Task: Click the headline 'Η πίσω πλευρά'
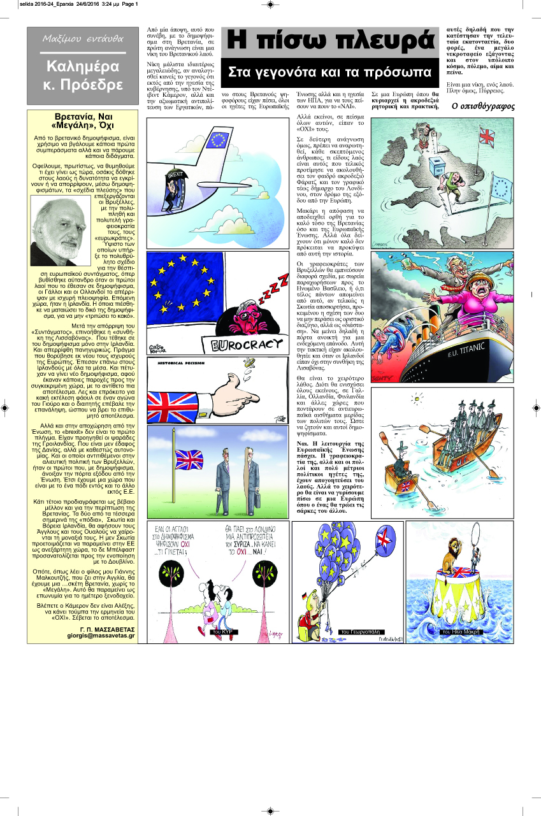332,41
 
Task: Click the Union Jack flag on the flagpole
189,458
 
